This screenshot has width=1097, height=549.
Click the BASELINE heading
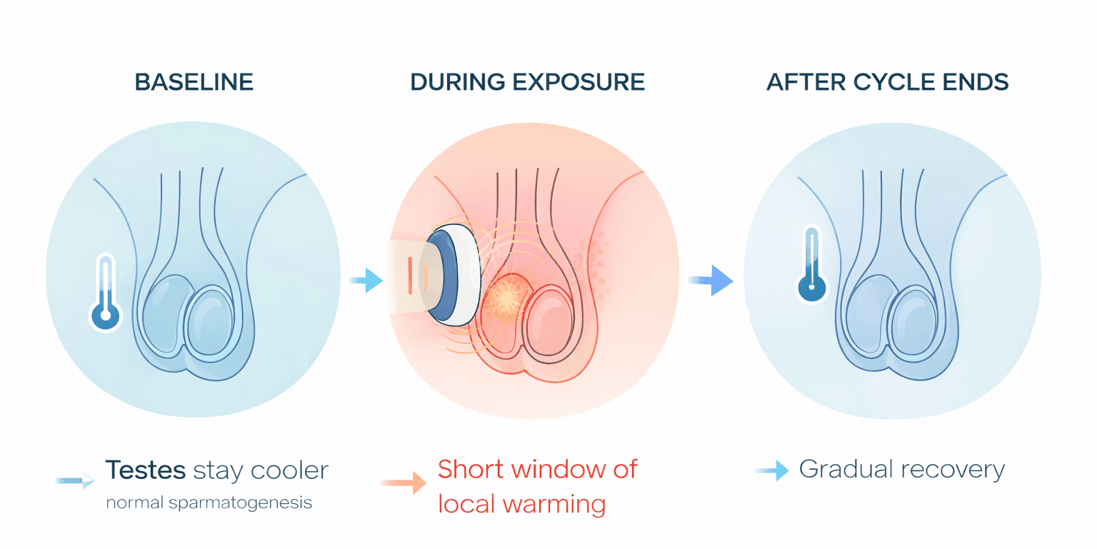click(194, 82)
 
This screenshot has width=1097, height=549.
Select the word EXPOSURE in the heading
click(585, 82)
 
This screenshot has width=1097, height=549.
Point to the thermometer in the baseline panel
click(106, 293)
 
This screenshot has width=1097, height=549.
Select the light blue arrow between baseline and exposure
click(367, 281)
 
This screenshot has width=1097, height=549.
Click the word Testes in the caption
click(146, 470)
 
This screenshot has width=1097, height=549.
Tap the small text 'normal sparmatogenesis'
click(209, 503)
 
